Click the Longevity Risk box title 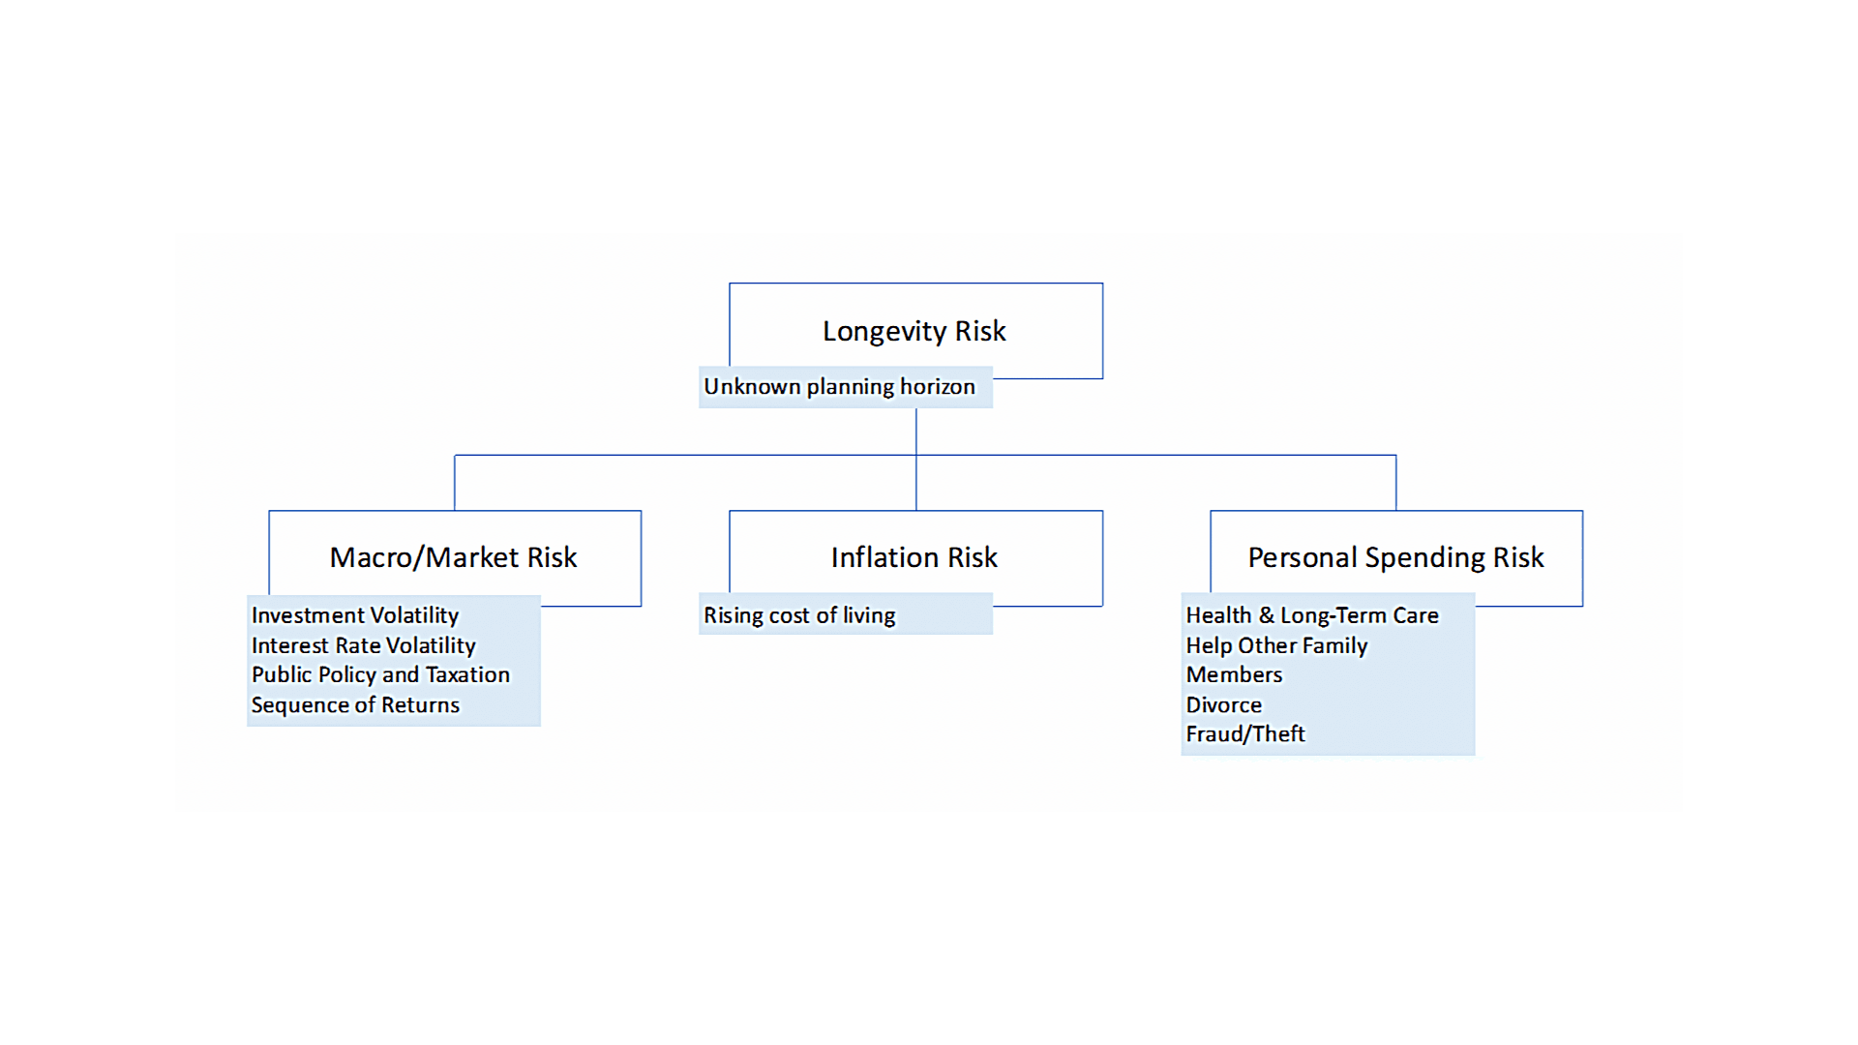click(x=914, y=332)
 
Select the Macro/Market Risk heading click(x=453, y=558)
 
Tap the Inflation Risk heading click(x=914, y=557)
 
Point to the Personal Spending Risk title click(x=1395, y=558)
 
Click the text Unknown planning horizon click(x=839, y=387)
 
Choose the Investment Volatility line click(x=355, y=615)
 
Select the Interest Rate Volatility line click(x=364, y=645)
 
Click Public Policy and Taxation click(x=380, y=675)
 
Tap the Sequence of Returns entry click(x=355, y=705)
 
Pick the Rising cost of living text click(x=799, y=615)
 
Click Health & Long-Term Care click(x=1312, y=615)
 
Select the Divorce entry click(x=1224, y=705)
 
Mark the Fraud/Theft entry click(x=1245, y=734)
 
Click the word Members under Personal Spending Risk click(x=1234, y=675)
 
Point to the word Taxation click(x=467, y=674)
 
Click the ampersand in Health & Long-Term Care click(x=1266, y=615)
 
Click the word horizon click(x=938, y=387)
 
